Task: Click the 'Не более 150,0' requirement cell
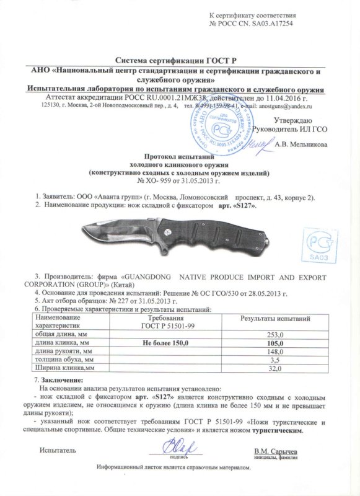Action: pos(157,343)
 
